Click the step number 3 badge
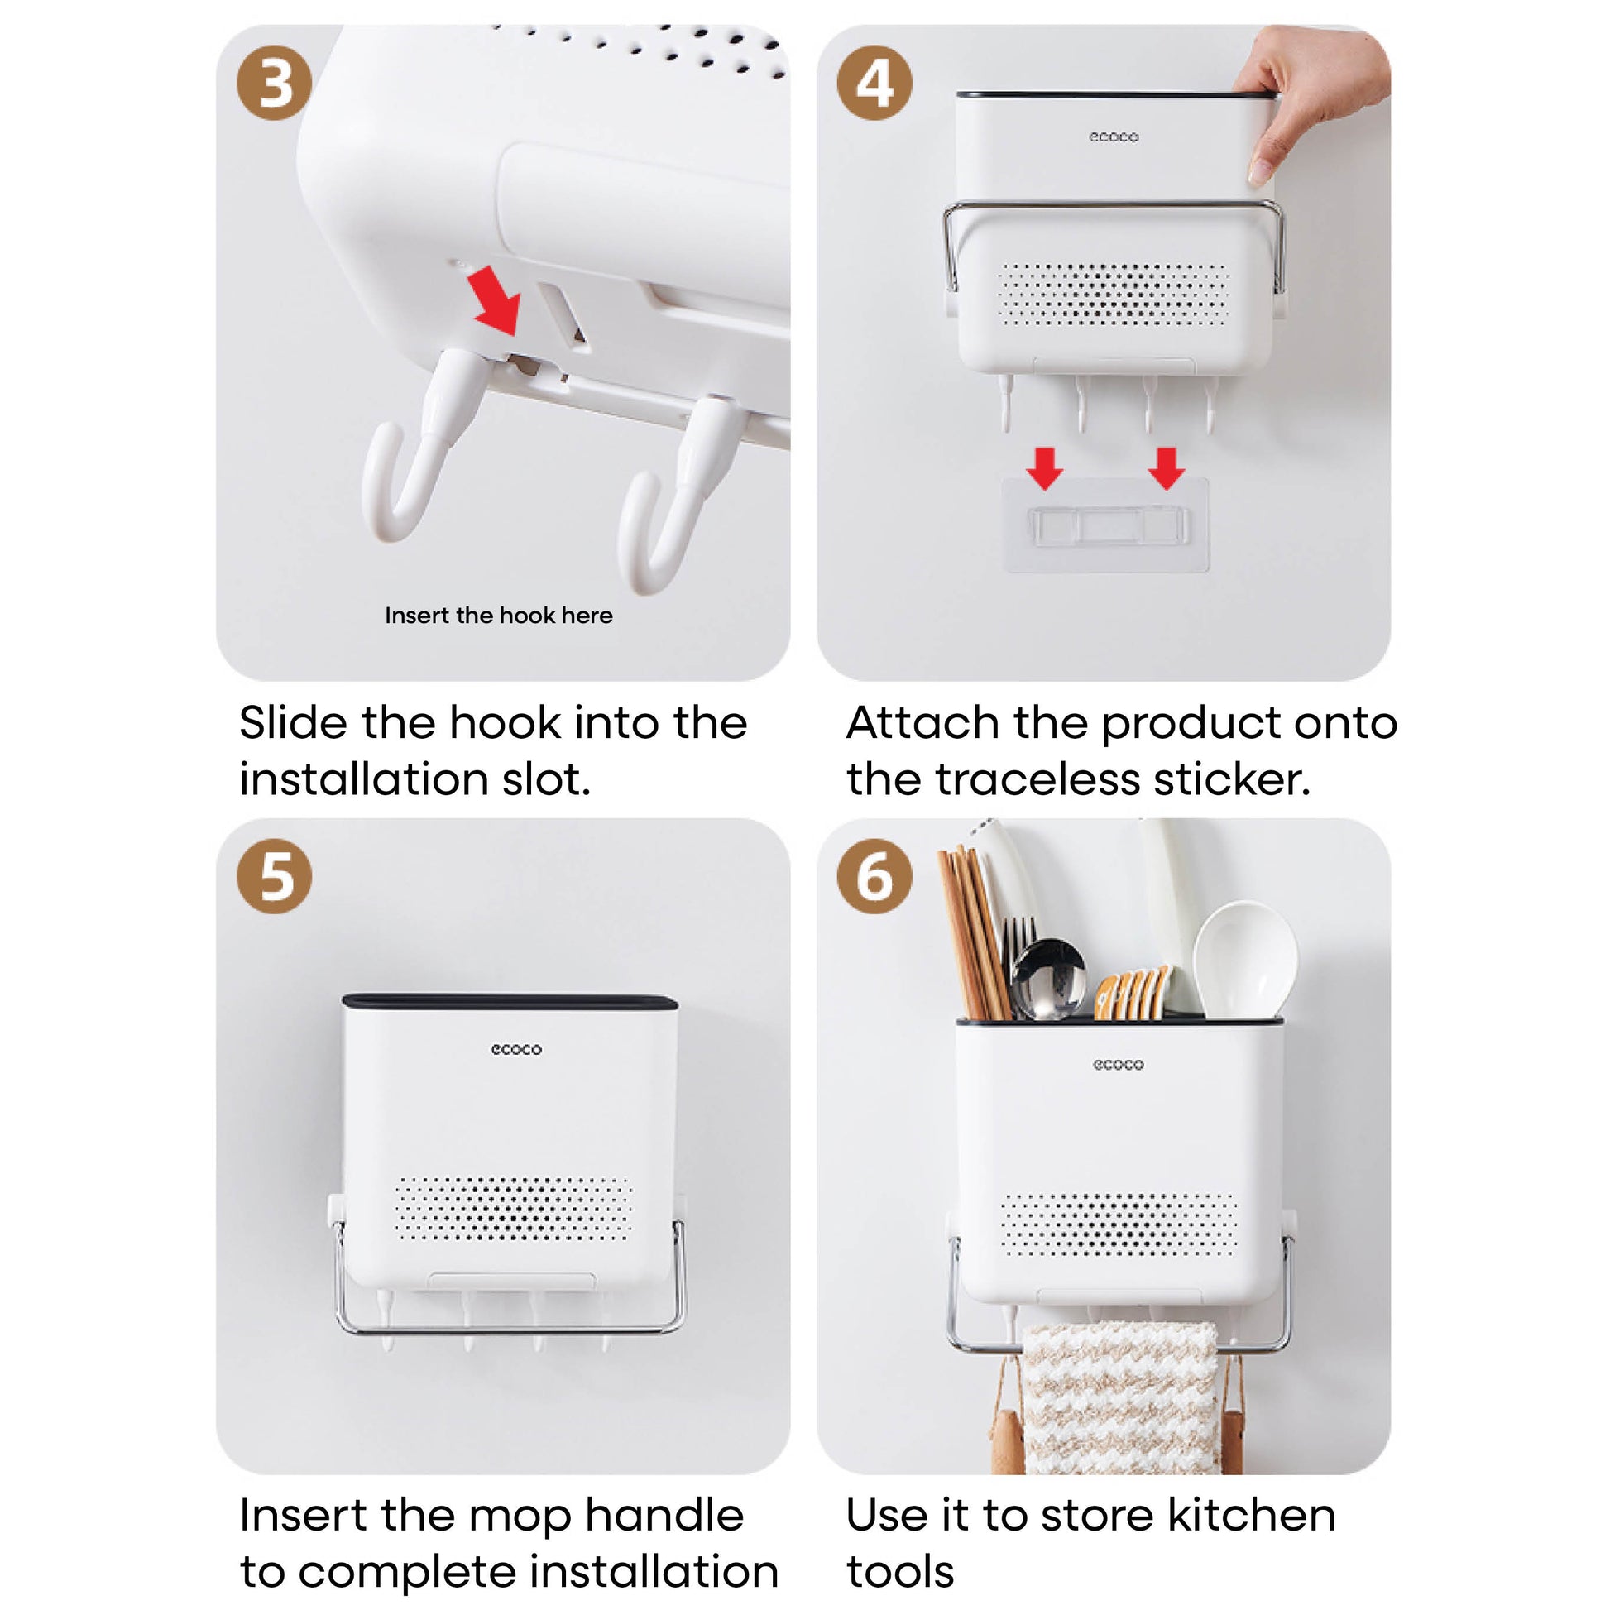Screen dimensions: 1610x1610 (274, 83)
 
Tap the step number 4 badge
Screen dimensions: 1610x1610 (874, 83)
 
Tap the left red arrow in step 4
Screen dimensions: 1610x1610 (1044, 468)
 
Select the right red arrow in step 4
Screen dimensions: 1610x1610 (1166, 468)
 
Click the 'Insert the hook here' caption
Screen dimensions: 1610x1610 (498, 615)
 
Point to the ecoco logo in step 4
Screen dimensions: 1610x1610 (1114, 137)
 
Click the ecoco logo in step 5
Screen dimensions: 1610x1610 (515, 1049)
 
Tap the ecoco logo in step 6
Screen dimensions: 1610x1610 (1119, 1064)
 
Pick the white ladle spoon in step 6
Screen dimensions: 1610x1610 (1245, 958)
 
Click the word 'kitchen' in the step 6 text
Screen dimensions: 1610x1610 (1251, 1516)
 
